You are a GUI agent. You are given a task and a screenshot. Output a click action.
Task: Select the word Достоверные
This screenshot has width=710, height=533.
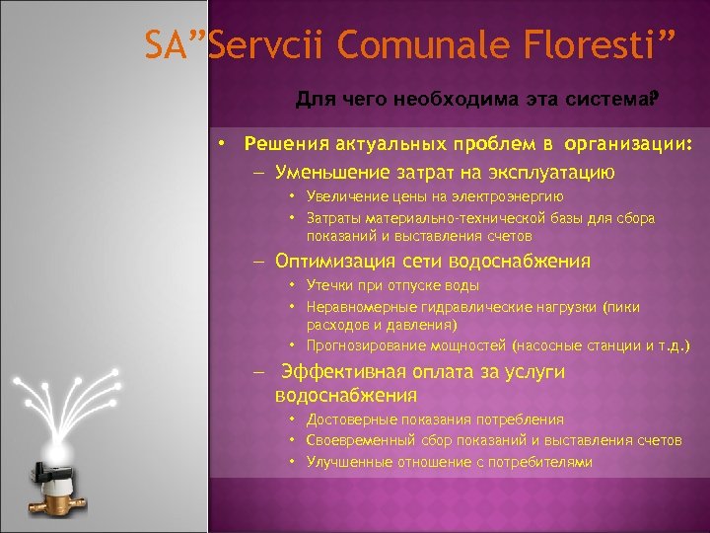(x=348, y=419)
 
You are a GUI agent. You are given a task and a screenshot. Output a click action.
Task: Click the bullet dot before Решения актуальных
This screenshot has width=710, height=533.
(x=224, y=144)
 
